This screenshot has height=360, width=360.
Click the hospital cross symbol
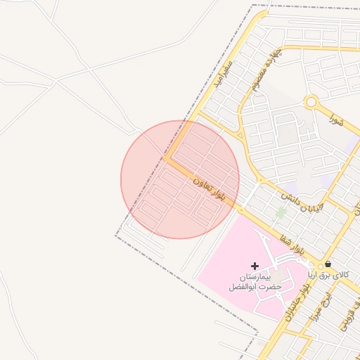tap(255, 266)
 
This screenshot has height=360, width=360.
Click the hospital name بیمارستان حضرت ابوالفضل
tap(255, 282)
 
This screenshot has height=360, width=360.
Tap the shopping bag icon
tap(328, 264)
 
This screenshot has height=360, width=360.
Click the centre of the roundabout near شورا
tap(311, 102)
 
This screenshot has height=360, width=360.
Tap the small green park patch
tap(281, 212)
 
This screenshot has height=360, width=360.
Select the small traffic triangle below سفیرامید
tap(241, 134)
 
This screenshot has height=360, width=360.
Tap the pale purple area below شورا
tap(327, 180)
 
